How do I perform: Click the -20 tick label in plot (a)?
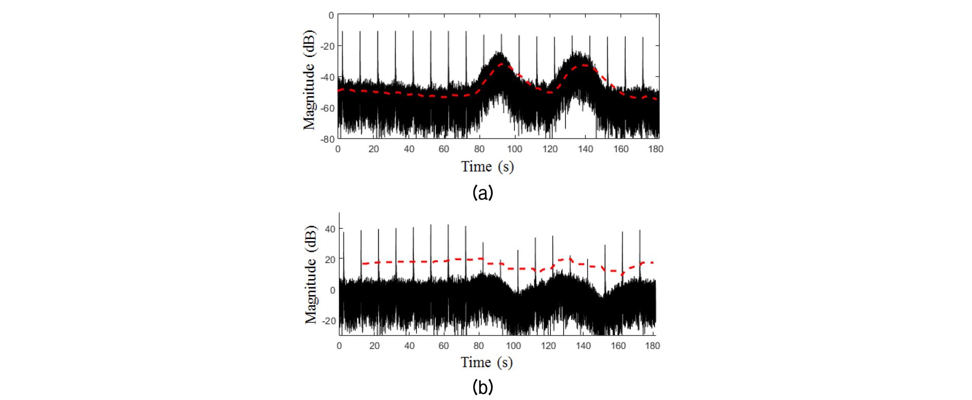pyautogui.click(x=328, y=46)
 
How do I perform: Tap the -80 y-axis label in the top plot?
pyautogui.click(x=328, y=139)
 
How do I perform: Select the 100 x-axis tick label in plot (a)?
pyautogui.click(x=514, y=149)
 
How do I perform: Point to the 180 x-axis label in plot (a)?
pyautogui.click(x=656, y=149)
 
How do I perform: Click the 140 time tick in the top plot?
pyautogui.click(x=585, y=149)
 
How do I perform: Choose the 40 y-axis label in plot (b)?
pyautogui.click(x=330, y=229)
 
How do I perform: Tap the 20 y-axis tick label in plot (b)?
pyautogui.click(x=330, y=260)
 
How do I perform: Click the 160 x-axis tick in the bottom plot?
pyautogui.click(x=618, y=346)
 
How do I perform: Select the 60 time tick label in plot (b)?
pyautogui.click(x=444, y=346)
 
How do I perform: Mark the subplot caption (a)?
pyautogui.click(x=482, y=193)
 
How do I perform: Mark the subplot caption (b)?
pyautogui.click(x=482, y=387)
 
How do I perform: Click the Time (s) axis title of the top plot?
pyautogui.click(x=487, y=167)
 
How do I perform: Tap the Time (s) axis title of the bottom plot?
pyautogui.click(x=487, y=362)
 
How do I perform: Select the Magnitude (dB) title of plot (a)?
pyautogui.click(x=309, y=80)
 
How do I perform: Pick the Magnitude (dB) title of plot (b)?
pyautogui.click(x=311, y=275)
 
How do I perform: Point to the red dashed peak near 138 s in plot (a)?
pyautogui.click(x=585, y=65)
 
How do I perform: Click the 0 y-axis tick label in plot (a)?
pyautogui.click(x=331, y=15)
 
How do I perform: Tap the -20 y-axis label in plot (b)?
pyautogui.click(x=329, y=321)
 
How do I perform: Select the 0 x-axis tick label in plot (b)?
pyautogui.click(x=339, y=346)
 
